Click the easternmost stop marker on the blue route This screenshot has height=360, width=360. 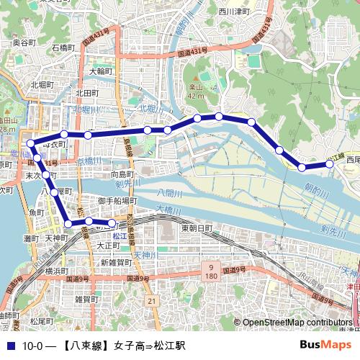pyautogui.click(x=330, y=164)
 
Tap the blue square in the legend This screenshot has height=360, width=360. pyautogui.click(x=9, y=346)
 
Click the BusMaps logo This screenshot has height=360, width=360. pyautogui.click(x=326, y=345)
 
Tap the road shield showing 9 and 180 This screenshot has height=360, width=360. pyautogui.click(x=211, y=271)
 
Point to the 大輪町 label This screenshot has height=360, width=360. pyautogui.click(x=102, y=72)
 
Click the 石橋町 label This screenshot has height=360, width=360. pyautogui.click(x=66, y=48)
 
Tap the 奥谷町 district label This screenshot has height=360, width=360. pyautogui.click(x=24, y=43)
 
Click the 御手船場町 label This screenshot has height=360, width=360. pyautogui.click(x=117, y=201)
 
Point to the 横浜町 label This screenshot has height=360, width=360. pyautogui.click(x=55, y=271)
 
